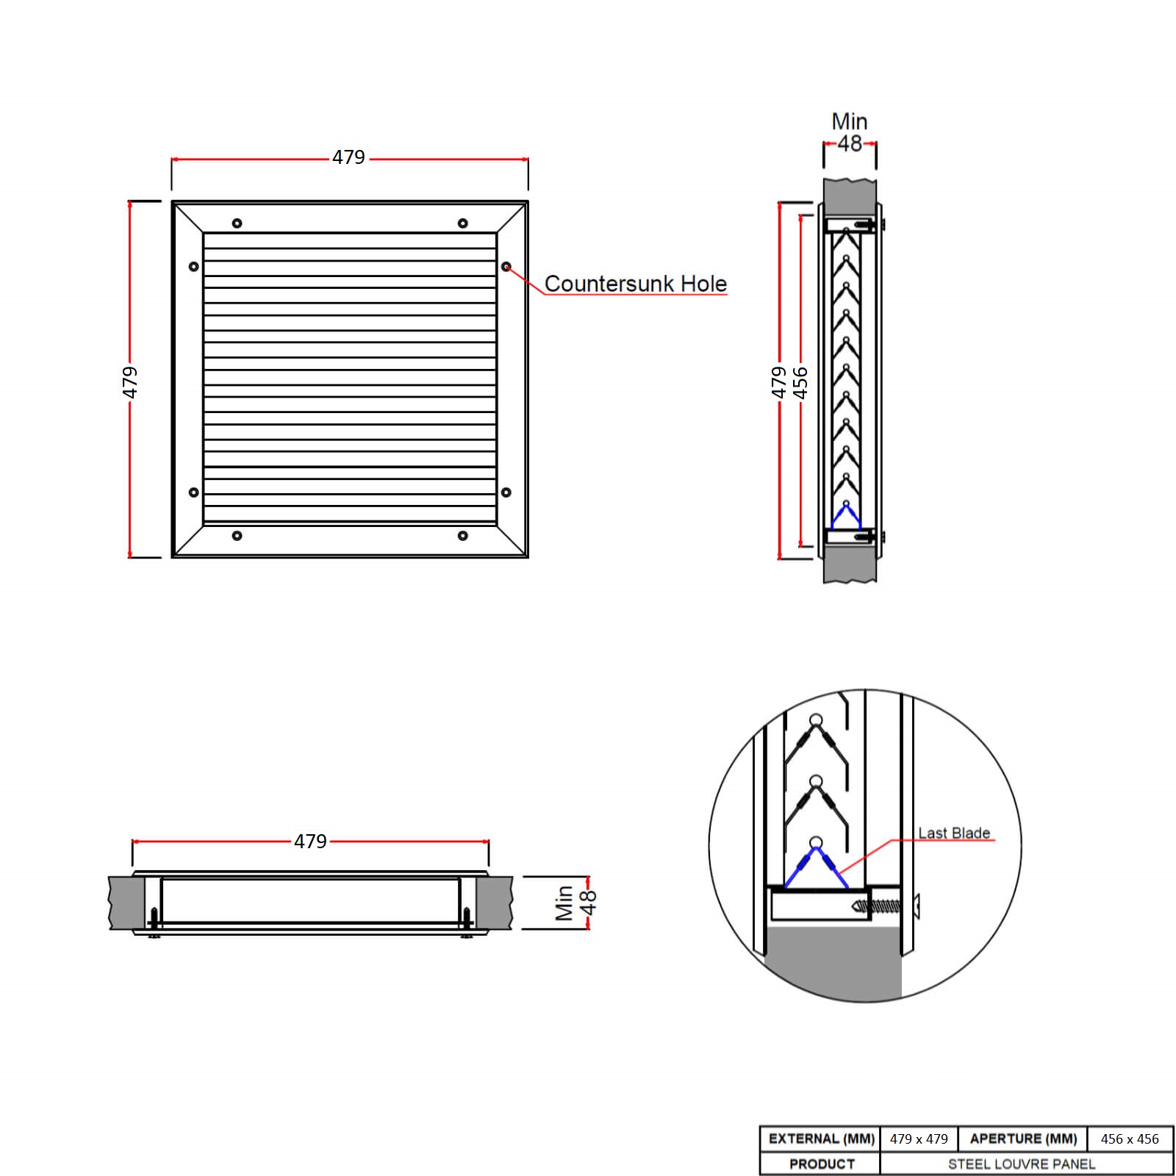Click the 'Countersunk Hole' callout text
click(635, 284)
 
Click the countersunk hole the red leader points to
click(506, 266)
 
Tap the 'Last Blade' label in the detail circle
click(953, 833)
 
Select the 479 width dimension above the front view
click(348, 157)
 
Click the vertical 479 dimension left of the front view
click(129, 381)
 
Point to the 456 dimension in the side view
click(800, 382)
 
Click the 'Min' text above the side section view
click(849, 121)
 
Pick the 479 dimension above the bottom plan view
click(310, 841)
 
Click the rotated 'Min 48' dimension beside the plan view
click(575, 903)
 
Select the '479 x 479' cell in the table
click(919, 1139)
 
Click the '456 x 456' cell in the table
click(1129, 1139)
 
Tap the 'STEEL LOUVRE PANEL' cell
click(1022, 1164)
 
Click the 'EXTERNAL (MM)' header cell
click(821, 1139)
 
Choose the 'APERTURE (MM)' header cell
click(1023, 1139)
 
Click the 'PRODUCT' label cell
click(821, 1164)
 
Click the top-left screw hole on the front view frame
click(237, 223)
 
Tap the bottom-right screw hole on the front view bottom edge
click(462, 535)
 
